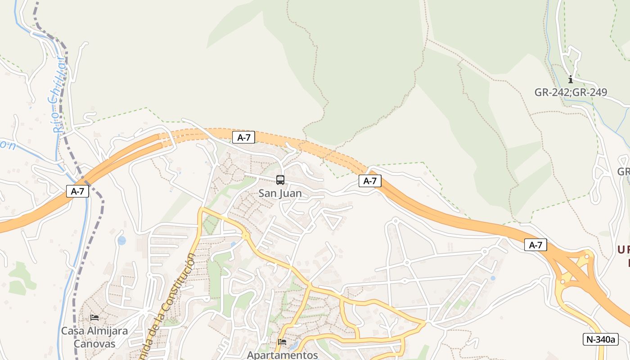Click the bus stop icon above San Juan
click(280, 180)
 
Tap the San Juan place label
click(280, 193)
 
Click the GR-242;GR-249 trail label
click(571, 93)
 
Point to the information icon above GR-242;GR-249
click(571, 80)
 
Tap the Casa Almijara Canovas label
click(94, 337)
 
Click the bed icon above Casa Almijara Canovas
click(94, 318)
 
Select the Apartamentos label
click(282, 355)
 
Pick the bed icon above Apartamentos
click(282, 342)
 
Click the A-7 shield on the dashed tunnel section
click(243, 138)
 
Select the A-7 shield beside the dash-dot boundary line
click(77, 191)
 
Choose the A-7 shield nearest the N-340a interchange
click(535, 245)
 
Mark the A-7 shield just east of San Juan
click(370, 181)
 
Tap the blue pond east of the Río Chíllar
click(121, 240)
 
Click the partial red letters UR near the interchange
click(623, 250)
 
